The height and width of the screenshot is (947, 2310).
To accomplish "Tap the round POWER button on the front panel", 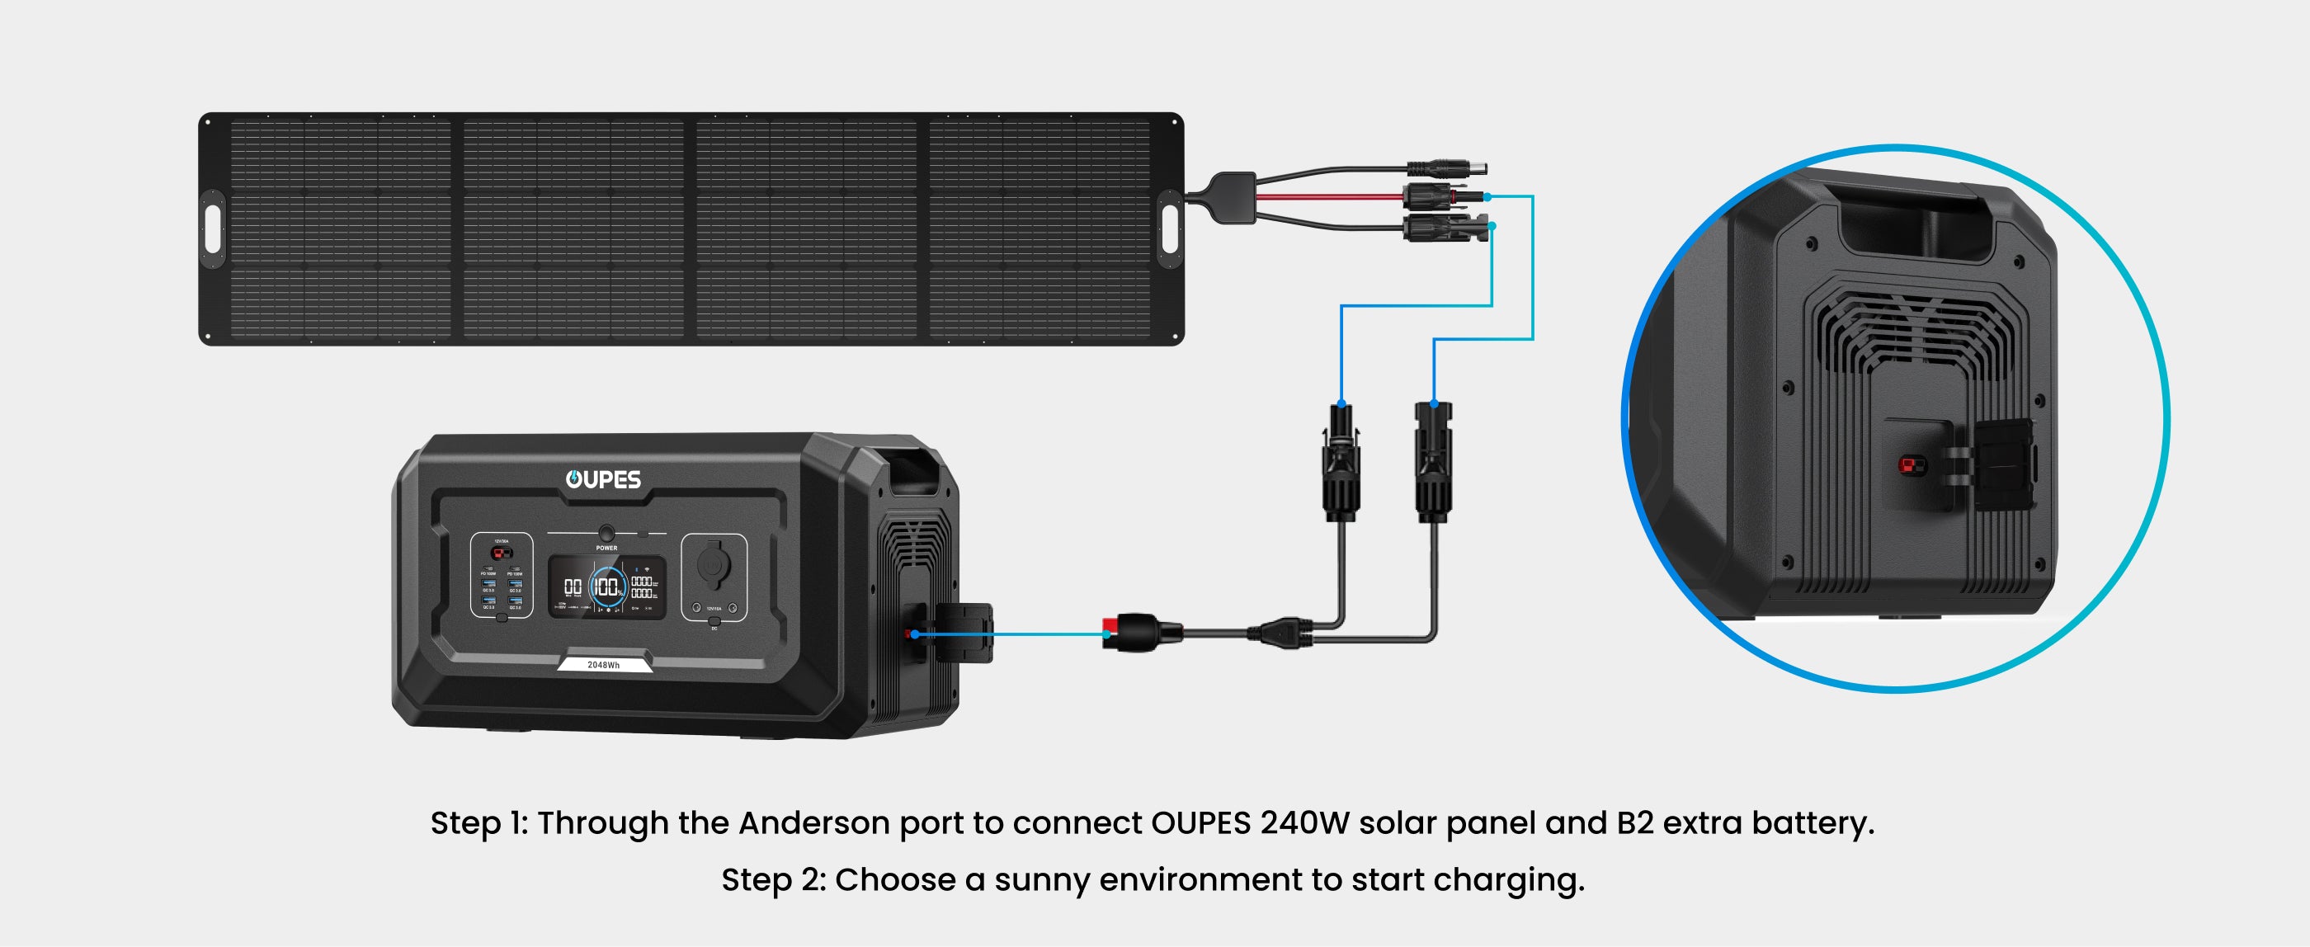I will point(606,533).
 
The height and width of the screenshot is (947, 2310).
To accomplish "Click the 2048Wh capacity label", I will point(604,665).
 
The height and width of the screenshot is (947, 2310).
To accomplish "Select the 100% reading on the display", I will point(607,587).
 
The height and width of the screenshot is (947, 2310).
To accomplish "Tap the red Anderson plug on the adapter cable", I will point(1114,632).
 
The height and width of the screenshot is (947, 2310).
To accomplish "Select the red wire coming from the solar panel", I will point(1327,196).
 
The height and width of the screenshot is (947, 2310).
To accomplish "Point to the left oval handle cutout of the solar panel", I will point(214,229).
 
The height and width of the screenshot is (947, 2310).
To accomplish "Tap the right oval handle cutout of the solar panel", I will point(1169,229).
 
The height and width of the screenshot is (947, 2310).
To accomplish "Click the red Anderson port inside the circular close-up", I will point(1912,465).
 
